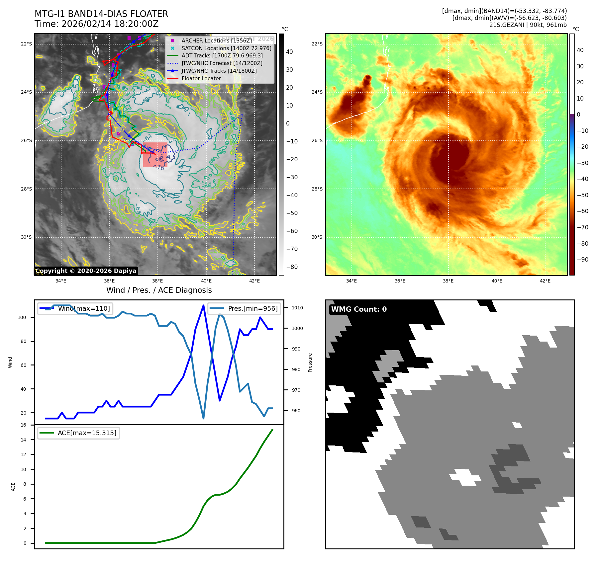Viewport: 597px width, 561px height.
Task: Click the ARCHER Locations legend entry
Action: pyautogui.click(x=216, y=40)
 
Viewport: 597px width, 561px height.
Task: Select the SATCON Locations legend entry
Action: pyautogui.click(x=226, y=48)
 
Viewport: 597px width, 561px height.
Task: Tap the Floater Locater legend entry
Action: pyautogui.click(x=201, y=78)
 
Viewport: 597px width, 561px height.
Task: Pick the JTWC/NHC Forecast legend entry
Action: pyautogui.click(x=222, y=63)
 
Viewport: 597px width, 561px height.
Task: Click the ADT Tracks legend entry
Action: pyautogui.click(x=222, y=55)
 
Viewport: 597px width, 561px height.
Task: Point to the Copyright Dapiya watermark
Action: pyautogui.click(x=86, y=271)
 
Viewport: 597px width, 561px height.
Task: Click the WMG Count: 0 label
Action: pyautogui.click(x=359, y=309)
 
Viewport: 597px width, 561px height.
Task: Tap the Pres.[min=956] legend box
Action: pyautogui.click(x=244, y=308)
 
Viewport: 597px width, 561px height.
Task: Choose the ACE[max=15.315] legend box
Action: pyautogui.click(x=78, y=433)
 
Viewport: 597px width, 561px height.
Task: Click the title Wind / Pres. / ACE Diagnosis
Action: pyautogui.click(x=159, y=290)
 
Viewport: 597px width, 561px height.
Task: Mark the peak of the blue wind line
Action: pyautogui.click(x=203, y=305)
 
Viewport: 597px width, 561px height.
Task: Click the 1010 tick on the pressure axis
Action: pyautogui.click(x=297, y=308)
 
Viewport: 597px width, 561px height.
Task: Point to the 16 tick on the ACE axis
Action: pyautogui.click(x=23, y=425)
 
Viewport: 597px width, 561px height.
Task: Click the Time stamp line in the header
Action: pyautogui.click(x=96, y=24)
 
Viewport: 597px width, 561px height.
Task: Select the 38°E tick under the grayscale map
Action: pyautogui.click(x=157, y=281)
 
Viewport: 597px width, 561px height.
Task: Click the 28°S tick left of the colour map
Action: pyautogui.click(x=317, y=189)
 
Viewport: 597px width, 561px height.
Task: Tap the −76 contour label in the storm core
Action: pyautogui.click(x=160, y=168)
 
